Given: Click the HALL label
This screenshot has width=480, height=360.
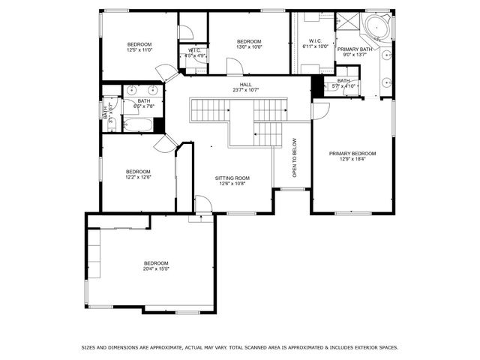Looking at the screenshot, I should (x=246, y=85).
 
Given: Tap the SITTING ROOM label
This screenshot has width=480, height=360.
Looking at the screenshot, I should (x=234, y=178).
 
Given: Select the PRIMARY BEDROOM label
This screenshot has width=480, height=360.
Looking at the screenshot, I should (x=352, y=153).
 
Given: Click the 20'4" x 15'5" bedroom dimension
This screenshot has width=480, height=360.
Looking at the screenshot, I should (x=156, y=268).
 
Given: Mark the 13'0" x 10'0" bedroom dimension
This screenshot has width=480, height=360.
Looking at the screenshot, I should (x=249, y=46).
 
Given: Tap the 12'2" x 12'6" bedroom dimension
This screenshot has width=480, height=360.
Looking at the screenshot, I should (x=138, y=177).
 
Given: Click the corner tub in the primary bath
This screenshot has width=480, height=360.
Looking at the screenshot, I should (x=377, y=28).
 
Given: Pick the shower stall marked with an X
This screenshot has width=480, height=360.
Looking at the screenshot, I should (x=346, y=21).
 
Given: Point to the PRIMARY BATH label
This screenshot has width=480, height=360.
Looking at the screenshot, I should (x=354, y=49).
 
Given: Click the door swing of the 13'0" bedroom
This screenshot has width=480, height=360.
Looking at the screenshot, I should (x=233, y=67).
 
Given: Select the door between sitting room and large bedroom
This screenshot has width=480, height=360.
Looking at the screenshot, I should (x=202, y=204).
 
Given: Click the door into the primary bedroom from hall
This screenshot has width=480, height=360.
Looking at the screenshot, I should (x=320, y=111).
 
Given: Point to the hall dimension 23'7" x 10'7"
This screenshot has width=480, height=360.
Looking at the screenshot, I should (x=246, y=90).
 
